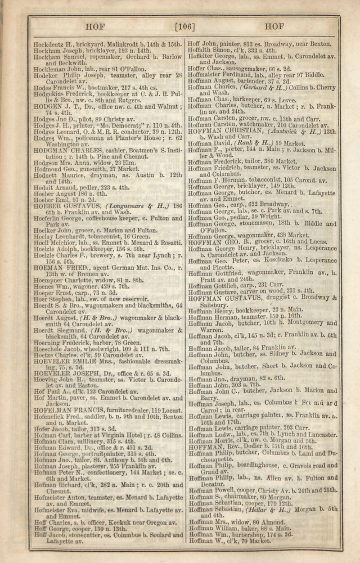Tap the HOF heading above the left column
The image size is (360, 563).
click(x=96, y=26)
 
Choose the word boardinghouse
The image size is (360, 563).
click(x=249, y=466)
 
